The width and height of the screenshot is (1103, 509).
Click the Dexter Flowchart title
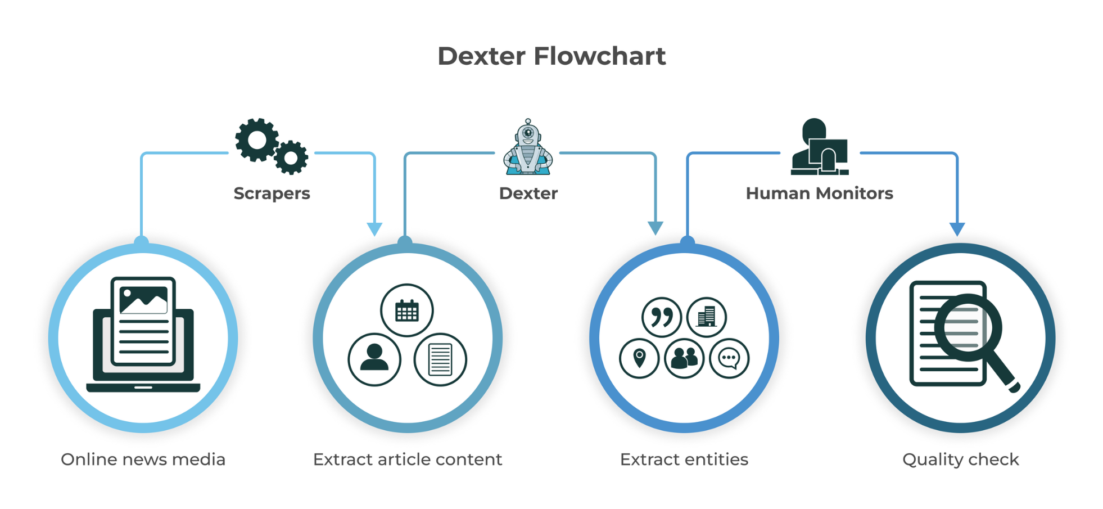(x=551, y=56)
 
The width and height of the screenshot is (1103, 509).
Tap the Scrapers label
(x=272, y=193)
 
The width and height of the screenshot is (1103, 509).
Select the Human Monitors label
(x=819, y=193)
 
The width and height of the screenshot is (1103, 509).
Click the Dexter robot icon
(x=528, y=147)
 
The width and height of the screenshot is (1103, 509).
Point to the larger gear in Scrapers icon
(x=257, y=140)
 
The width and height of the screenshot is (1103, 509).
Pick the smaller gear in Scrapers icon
(x=291, y=157)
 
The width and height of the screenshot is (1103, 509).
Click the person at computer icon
(x=819, y=147)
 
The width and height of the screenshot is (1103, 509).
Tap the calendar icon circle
(x=407, y=310)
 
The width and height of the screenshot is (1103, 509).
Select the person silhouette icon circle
(x=374, y=359)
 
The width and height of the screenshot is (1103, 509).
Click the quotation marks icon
(x=662, y=317)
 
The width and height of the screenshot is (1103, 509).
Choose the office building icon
(x=707, y=317)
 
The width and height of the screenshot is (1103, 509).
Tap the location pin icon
(x=639, y=358)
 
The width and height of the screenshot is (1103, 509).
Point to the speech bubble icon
(x=729, y=358)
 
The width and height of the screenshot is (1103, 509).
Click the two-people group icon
(x=684, y=358)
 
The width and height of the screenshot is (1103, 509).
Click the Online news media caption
(x=143, y=460)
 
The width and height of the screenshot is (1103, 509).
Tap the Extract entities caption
(x=684, y=460)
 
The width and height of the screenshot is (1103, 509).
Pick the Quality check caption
(x=961, y=460)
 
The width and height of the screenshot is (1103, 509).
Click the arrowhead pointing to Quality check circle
(x=957, y=229)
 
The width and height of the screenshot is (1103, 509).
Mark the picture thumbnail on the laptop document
(x=143, y=300)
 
